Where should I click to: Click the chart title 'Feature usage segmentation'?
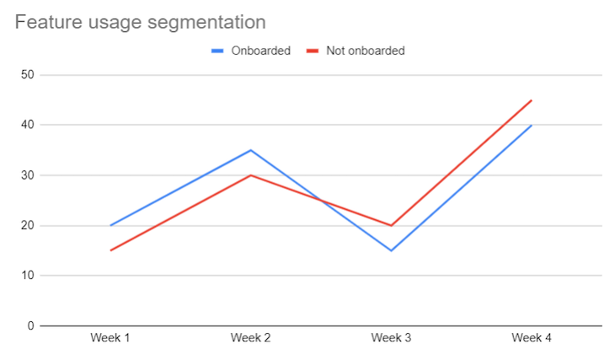pos(140,22)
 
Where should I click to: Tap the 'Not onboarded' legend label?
pos(365,51)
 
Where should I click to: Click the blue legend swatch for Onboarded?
pos(217,51)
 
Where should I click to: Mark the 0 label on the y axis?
pos(30,325)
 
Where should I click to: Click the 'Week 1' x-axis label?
pos(110,339)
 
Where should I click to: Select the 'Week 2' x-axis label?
pos(250,339)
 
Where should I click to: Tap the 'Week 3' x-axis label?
pos(391,339)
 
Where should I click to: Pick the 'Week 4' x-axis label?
pos(532,339)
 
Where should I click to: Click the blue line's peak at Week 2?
pos(250,150)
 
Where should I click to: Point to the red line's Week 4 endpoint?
pos(532,100)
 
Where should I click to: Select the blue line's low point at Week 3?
pos(391,250)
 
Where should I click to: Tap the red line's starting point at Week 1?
pos(110,250)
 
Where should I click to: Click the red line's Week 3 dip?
pos(391,225)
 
